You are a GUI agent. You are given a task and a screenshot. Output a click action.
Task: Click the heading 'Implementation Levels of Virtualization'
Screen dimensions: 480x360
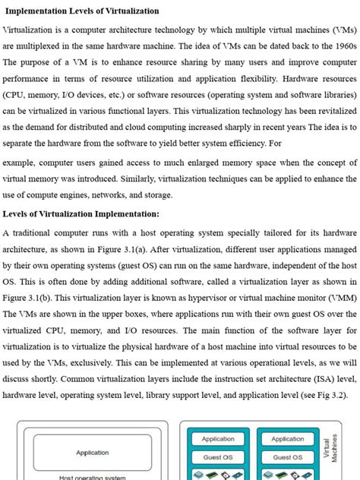click(x=82, y=11)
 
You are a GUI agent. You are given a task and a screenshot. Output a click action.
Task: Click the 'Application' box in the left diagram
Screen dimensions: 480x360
click(x=93, y=453)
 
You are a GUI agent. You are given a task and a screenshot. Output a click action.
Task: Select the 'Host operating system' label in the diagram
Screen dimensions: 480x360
click(x=93, y=477)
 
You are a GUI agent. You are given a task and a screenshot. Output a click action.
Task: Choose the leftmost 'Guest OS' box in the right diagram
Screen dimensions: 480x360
click(x=218, y=457)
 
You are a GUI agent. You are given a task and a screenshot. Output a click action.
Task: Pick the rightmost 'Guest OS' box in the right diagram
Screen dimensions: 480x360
click(x=288, y=457)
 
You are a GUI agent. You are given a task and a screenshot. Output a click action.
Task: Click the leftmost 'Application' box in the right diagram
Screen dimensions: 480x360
click(x=218, y=439)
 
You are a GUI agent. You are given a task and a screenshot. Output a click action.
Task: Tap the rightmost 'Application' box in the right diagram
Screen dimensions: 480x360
click(x=288, y=439)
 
